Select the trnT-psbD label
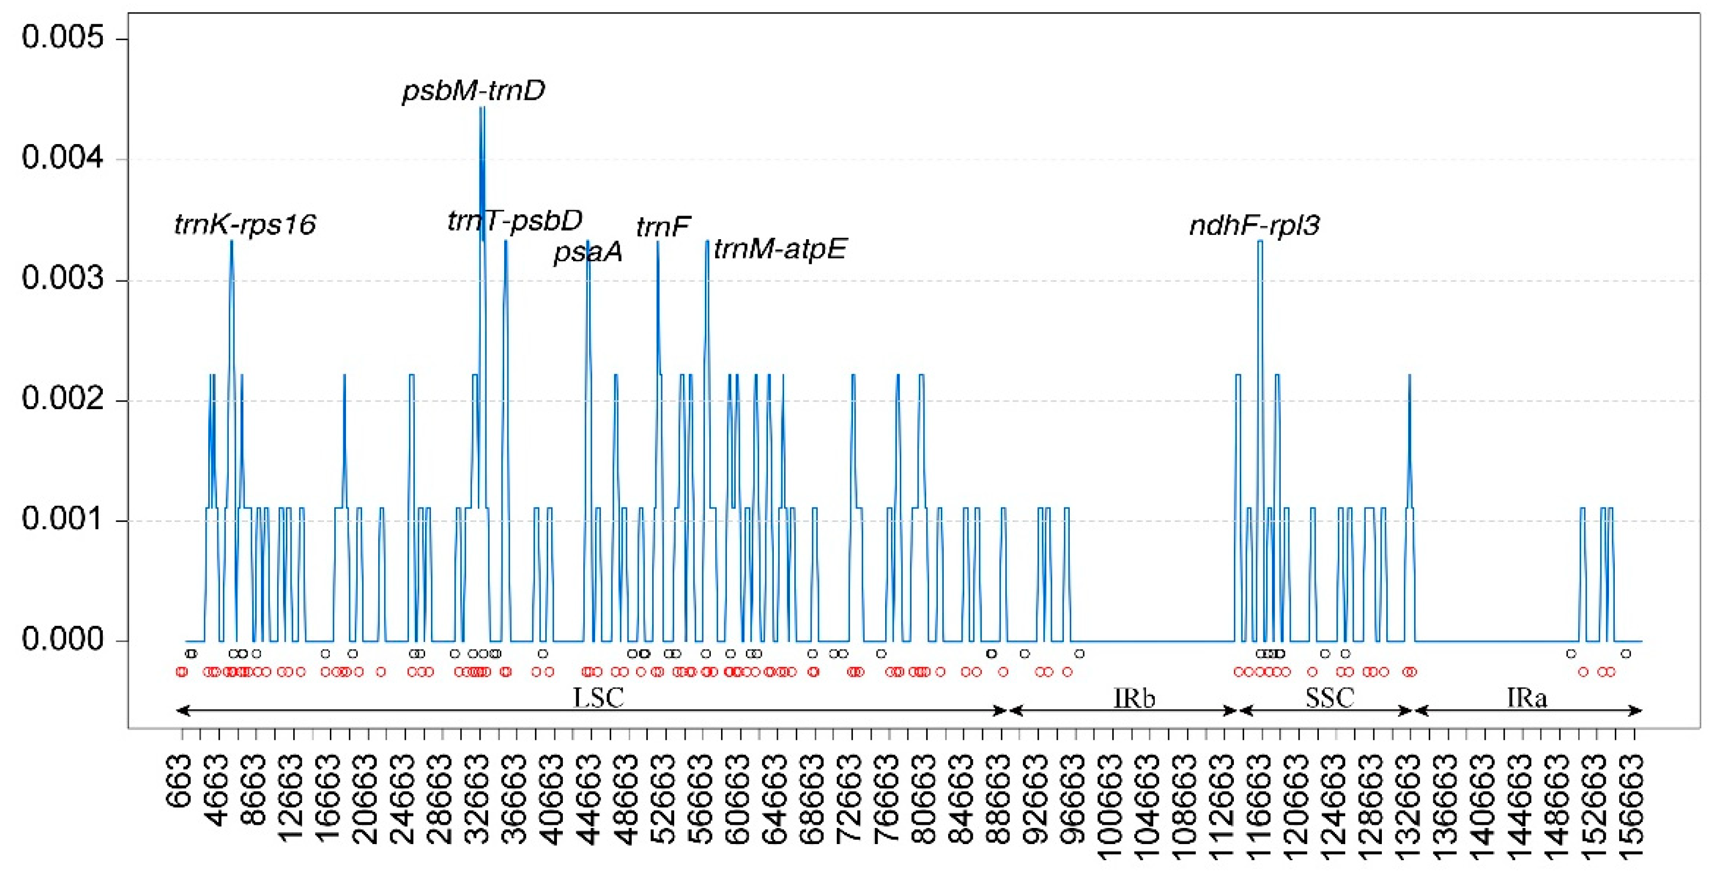[x=514, y=221]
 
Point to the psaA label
[x=588, y=252]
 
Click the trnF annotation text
[x=663, y=227]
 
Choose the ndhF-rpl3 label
[x=1254, y=226]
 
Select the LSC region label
[x=598, y=698]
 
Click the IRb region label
[x=1134, y=698]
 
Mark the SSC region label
[x=1329, y=698]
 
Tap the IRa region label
[x=1526, y=698]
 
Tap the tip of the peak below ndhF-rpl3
[x=1260, y=241]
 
